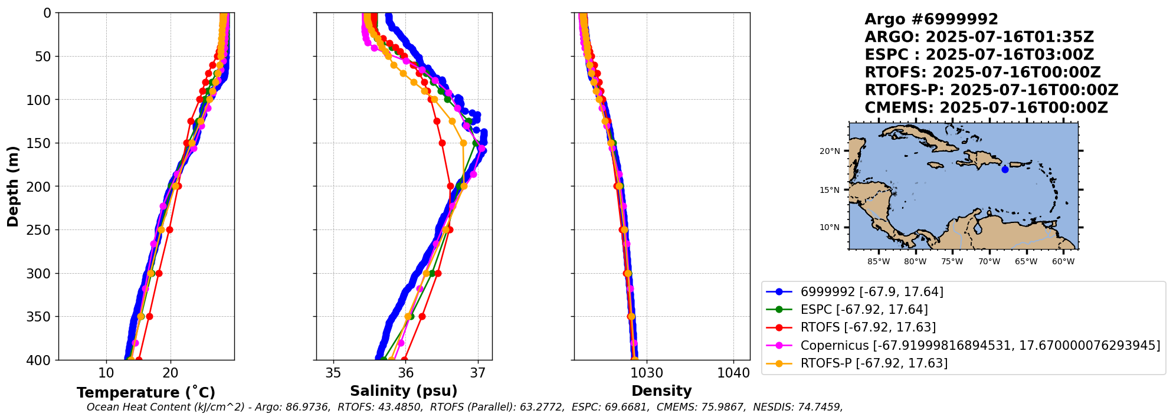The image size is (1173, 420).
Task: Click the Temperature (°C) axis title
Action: click(x=146, y=393)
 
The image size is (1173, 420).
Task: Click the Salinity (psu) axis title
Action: click(x=404, y=391)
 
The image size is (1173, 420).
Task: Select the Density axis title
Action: click(x=661, y=391)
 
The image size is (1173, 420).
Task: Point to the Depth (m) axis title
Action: click(x=13, y=186)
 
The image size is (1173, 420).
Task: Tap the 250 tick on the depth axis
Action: click(x=42, y=230)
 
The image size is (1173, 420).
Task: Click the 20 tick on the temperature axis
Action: click(x=171, y=373)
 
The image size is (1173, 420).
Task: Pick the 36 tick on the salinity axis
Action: click(x=405, y=373)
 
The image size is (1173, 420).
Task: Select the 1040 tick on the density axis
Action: click(x=733, y=373)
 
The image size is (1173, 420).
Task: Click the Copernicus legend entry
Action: click(x=980, y=346)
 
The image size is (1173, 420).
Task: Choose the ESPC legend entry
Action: click(x=864, y=310)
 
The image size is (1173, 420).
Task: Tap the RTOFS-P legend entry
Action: click(x=874, y=363)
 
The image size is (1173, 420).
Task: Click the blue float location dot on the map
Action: click(x=1005, y=170)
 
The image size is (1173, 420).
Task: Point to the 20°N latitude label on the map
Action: click(x=830, y=152)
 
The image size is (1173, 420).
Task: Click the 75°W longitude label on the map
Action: click(x=952, y=262)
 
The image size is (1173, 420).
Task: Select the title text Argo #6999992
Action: click(x=931, y=19)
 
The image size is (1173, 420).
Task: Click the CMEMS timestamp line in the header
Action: click(x=986, y=108)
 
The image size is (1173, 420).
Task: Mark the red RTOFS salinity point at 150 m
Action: click(x=442, y=143)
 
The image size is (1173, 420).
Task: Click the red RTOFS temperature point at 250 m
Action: click(x=169, y=230)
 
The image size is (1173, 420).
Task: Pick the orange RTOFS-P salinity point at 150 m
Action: click(x=463, y=143)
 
